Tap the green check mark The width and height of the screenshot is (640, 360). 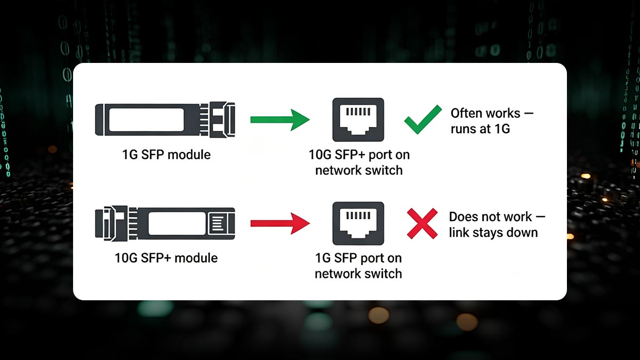(x=422, y=119)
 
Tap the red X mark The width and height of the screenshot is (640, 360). (x=422, y=223)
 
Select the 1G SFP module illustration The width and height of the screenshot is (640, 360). (x=165, y=118)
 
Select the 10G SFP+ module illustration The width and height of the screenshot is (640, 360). (x=165, y=222)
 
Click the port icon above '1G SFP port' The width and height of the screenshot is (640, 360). (x=358, y=222)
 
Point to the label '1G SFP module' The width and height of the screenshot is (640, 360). (x=165, y=155)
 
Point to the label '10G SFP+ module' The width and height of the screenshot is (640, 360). (x=166, y=258)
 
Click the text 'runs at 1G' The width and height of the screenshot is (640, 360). (x=480, y=129)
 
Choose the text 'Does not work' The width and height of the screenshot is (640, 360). (x=490, y=217)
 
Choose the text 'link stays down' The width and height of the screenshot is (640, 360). (x=493, y=232)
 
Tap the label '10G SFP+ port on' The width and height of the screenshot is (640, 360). (x=359, y=155)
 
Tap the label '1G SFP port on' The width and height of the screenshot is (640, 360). (x=358, y=258)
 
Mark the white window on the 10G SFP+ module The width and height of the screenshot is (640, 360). (x=176, y=223)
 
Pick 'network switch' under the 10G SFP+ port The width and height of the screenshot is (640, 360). (x=358, y=170)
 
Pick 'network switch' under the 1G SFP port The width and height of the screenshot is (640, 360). (x=358, y=274)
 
